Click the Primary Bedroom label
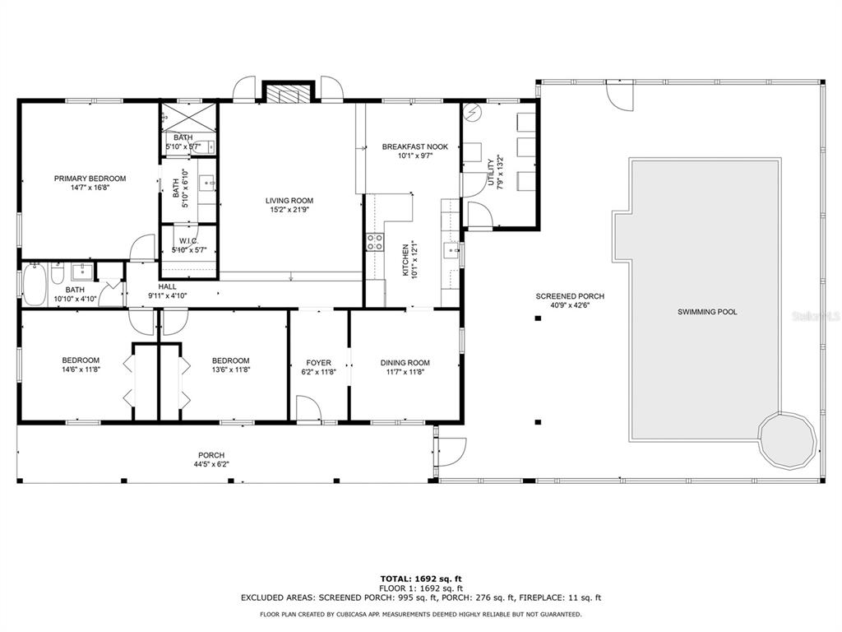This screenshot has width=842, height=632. coord(90,179)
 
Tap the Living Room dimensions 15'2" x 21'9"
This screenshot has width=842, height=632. coord(289,210)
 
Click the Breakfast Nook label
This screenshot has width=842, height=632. coord(414,146)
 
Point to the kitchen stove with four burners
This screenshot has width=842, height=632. coord(375,242)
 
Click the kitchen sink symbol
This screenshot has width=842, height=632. coord(452,250)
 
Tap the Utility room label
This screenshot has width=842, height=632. coord(490,173)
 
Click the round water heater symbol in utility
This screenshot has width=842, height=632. coord(474,112)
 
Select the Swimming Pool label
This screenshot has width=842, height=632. coord(707,312)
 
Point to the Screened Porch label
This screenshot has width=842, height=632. coord(570,296)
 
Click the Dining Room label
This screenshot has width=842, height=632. coord(405,363)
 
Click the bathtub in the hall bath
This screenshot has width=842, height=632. coord(35,285)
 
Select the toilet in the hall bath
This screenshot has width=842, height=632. coord(58,272)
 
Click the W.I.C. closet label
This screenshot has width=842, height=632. coord(189,241)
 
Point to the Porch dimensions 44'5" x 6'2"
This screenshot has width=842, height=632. coord(211,464)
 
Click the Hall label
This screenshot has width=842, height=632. coord(167,287)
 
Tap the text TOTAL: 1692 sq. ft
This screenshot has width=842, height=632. coord(421,579)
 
